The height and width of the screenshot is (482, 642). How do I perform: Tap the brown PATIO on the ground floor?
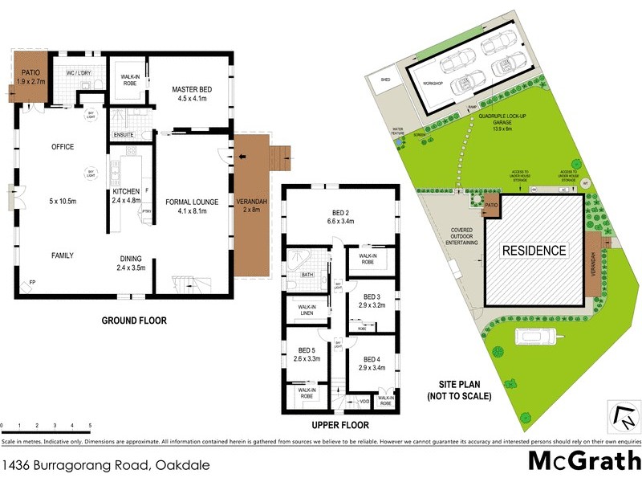point(30,77)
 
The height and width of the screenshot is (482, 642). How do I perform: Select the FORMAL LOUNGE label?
point(186,206)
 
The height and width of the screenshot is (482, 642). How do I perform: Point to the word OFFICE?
point(62,147)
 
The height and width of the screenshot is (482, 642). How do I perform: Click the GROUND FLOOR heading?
point(133,321)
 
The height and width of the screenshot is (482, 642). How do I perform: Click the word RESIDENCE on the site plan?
point(534,250)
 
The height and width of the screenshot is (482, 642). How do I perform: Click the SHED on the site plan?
point(385,80)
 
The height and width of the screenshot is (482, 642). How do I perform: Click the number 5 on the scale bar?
point(90,426)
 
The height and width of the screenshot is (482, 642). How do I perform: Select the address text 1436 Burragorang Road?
point(77,464)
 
